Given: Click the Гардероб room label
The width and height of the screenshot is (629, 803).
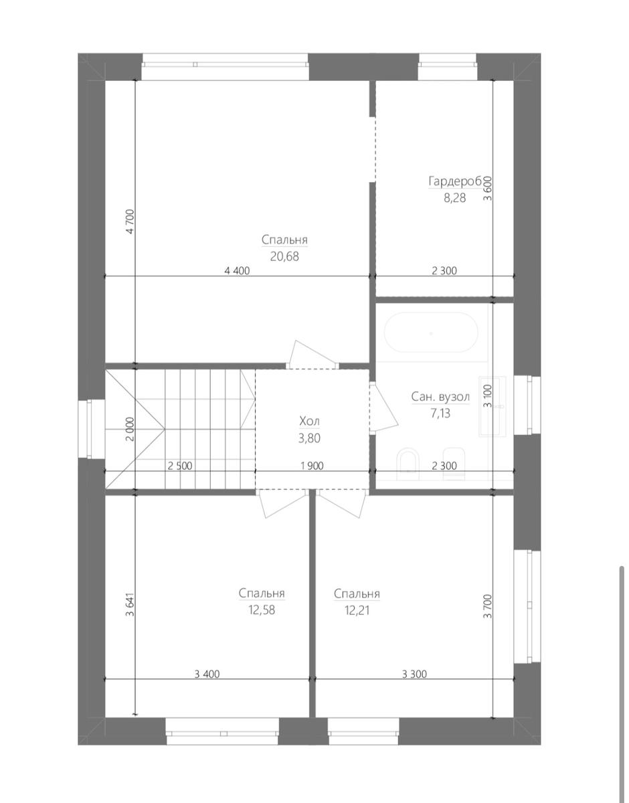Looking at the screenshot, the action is (456, 182).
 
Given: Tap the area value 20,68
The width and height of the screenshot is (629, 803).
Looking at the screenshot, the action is (284, 256).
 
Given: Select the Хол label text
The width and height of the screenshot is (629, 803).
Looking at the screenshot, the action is (310, 421).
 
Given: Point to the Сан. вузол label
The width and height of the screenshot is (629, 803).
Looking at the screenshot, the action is (440, 397).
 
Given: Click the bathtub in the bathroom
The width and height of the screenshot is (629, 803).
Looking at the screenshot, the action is (431, 334).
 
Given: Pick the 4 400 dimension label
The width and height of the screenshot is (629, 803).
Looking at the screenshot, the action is (237, 271).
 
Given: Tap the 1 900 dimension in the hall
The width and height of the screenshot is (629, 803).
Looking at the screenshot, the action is (312, 466).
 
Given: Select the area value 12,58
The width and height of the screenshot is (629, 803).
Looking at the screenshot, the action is (262, 610).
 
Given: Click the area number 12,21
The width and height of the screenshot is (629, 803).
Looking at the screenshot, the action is (357, 610).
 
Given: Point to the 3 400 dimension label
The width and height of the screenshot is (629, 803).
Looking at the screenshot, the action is (207, 675).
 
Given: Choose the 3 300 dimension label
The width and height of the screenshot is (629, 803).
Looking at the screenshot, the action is (414, 675).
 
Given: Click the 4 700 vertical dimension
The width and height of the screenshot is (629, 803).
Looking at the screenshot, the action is (130, 221).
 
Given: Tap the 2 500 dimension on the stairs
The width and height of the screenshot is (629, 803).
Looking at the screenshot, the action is (180, 466).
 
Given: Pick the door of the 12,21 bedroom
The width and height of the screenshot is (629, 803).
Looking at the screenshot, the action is (342, 503).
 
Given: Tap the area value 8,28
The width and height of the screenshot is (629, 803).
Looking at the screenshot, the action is (454, 198).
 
